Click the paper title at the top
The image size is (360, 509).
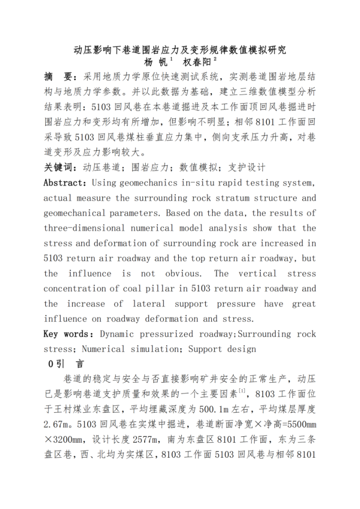coord(180,50)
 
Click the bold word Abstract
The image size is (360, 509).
coord(63,183)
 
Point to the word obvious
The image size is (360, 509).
coord(183,273)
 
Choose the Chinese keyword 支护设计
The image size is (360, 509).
coord(247,167)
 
